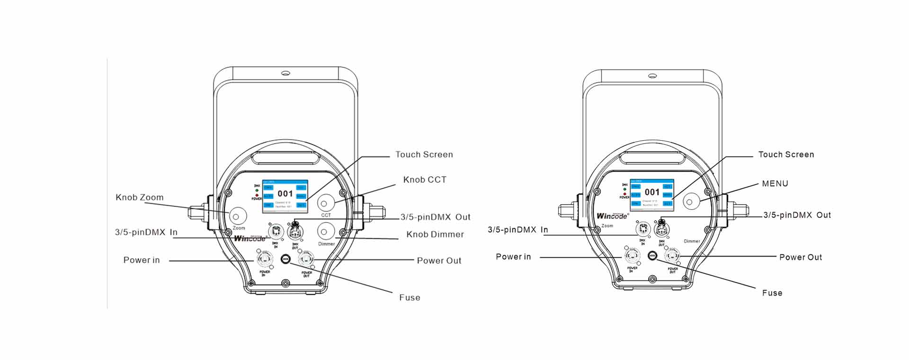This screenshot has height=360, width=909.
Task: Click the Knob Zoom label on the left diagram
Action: tap(140, 198)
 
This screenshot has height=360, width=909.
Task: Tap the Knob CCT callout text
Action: tap(425, 180)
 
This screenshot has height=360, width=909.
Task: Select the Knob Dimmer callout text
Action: tap(435, 234)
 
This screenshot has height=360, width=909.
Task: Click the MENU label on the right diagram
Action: tap(775, 184)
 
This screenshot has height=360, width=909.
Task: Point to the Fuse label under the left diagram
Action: tap(410, 298)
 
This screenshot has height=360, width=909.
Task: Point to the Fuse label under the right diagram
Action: tap(772, 293)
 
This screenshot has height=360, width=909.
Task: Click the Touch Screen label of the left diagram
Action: tap(424, 155)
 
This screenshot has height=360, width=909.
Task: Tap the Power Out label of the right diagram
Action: tap(801, 258)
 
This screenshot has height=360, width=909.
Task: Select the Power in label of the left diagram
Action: tap(142, 260)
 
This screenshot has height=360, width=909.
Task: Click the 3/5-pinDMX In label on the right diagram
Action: tap(518, 230)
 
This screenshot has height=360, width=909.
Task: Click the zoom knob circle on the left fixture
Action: tap(238, 216)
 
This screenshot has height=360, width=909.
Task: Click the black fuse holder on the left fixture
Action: tap(285, 259)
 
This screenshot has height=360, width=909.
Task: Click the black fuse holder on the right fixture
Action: tap(652, 256)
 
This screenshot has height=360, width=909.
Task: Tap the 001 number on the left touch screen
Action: tap(285, 193)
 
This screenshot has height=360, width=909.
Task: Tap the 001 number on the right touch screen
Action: tap(652, 192)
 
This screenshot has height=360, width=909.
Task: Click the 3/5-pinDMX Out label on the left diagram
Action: tap(436, 217)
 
